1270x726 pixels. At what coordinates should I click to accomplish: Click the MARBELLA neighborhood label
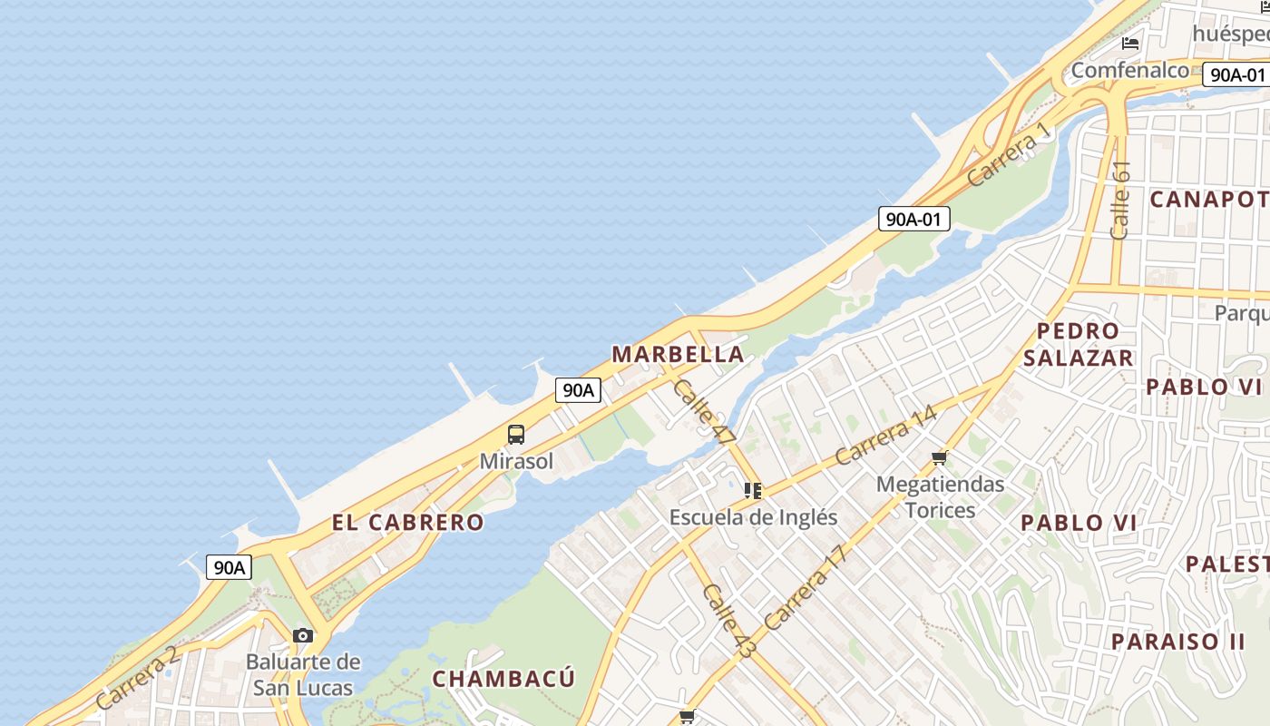[x=678, y=354]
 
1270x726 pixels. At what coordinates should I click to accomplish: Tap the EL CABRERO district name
[x=407, y=523]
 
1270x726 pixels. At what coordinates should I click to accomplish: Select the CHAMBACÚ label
[x=503, y=679]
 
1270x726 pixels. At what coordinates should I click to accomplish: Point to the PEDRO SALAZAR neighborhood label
[x=1078, y=344]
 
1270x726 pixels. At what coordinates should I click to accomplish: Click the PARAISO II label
[x=1178, y=642]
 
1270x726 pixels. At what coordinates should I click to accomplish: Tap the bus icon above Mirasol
[x=516, y=434]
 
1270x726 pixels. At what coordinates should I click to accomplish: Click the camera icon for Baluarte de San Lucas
[x=303, y=635]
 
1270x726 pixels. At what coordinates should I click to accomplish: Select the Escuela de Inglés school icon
[x=752, y=491]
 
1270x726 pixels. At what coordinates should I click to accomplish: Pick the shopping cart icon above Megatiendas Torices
[x=940, y=457]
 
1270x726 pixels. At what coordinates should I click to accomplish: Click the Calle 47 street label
[x=705, y=411]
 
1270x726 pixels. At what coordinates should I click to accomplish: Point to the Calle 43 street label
[x=728, y=621]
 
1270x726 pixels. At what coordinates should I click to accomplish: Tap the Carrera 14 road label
[x=885, y=436]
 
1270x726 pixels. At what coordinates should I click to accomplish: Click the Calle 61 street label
[x=1121, y=201]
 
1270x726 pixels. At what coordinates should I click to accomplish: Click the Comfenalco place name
[x=1129, y=70]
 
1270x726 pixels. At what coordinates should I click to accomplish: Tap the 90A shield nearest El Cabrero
[x=229, y=568]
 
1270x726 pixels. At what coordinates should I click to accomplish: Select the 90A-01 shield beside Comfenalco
[x=1236, y=74]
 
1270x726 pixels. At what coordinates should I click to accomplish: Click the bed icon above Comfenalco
[x=1130, y=43]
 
